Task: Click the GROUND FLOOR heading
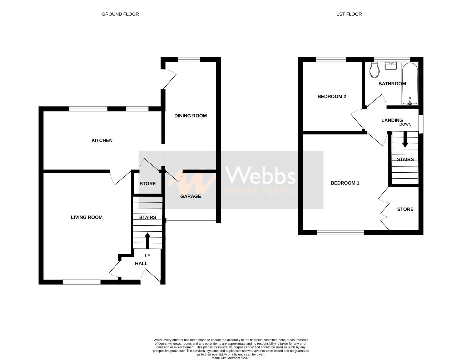click(x=120, y=14)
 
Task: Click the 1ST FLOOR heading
click(x=349, y=14)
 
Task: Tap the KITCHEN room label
click(x=102, y=140)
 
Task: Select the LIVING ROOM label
click(x=87, y=217)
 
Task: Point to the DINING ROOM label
click(x=190, y=116)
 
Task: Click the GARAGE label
click(x=190, y=196)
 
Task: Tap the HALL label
click(x=141, y=263)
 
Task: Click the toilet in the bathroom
click(x=374, y=70)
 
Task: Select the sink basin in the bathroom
click(x=390, y=66)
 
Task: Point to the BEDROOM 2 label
click(x=332, y=96)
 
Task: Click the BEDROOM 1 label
click(x=345, y=183)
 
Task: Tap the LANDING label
click(x=392, y=120)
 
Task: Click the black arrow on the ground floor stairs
click(x=147, y=240)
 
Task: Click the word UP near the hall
click(x=147, y=256)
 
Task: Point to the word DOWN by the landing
click(x=405, y=124)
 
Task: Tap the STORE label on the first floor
click(x=405, y=209)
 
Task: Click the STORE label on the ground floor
click(x=147, y=184)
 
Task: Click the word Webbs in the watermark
click(x=260, y=175)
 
